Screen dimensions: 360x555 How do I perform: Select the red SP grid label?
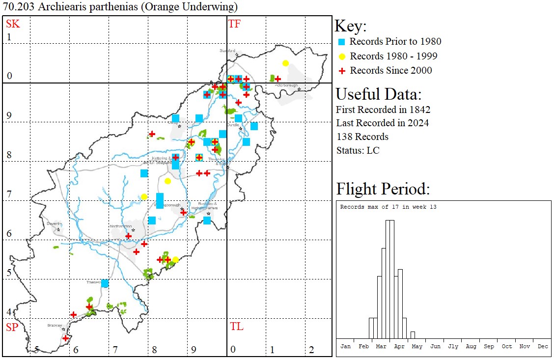[12, 327]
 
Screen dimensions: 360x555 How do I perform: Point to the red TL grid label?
[236, 327]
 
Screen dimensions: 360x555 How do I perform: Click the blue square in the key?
[341, 42]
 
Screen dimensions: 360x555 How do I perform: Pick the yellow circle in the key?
[341, 56]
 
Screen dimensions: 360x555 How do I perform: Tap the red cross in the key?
[341, 71]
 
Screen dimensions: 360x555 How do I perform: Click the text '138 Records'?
[362, 137]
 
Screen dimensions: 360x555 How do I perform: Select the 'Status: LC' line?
[358, 150]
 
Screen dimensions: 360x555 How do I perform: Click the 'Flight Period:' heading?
[383, 189]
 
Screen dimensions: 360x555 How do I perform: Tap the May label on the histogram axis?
[417, 346]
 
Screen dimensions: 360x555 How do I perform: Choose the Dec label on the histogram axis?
[543, 346]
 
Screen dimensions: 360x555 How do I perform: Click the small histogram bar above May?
[413, 335]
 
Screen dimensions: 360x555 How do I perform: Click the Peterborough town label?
[286, 85]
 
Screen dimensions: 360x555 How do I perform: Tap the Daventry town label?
[54, 223]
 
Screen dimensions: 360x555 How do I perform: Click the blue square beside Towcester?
[105, 283]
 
